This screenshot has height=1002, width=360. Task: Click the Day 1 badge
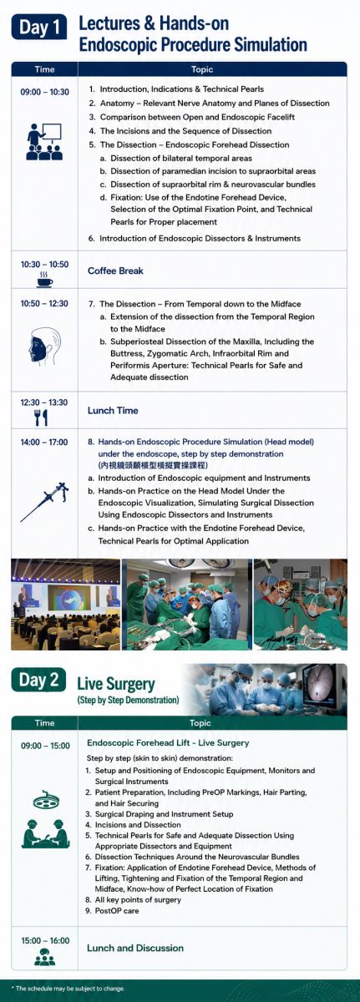pyautogui.click(x=39, y=27)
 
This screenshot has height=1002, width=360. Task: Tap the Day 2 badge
pyautogui.click(x=38, y=680)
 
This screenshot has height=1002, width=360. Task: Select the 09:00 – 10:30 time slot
pyautogui.click(x=45, y=92)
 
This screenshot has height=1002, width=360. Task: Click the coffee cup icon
pyautogui.click(x=44, y=280)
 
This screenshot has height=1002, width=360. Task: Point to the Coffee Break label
pyautogui.click(x=115, y=271)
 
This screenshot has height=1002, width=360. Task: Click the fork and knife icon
pyautogui.click(x=41, y=417)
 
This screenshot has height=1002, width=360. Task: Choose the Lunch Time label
pyautogui.click(x=113, y=410)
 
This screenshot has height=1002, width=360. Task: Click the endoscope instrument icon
pyautogui.click(x=44, y=502)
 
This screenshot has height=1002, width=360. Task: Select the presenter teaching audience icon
pyautogui.click(x=44, y=141)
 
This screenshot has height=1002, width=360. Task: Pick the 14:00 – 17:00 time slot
pyautogui.click(x=44, y=443)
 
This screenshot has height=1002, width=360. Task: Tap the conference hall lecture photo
pyautogui.click(x=65, y=604)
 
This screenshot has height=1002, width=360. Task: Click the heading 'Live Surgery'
pyautogui.click(x=116, y=684)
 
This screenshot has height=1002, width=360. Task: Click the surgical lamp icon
pyautogui.click(x=45, y=802)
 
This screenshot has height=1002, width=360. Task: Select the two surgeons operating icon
pyautogui.click(x=45, y=833)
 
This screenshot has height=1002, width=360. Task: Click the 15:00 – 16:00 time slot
pyautogui.click(x=45, y=941)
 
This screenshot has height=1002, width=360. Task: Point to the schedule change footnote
pyautogui.click(x=68, y=989)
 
